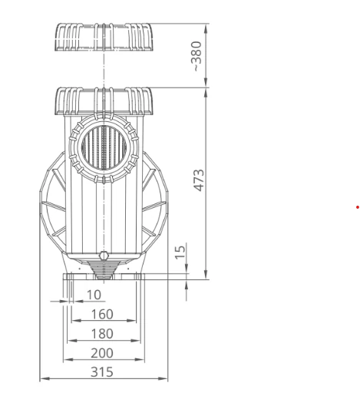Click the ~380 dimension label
[197, 56]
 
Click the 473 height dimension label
[199, 180]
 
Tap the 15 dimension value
[180, 252]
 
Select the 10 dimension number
[94, 295]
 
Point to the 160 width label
[102, 314]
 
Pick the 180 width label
[102, 334]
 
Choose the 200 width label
[102, 353]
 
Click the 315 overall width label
[102, 372]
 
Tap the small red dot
[358, 207]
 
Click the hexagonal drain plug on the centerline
[104, 256]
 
